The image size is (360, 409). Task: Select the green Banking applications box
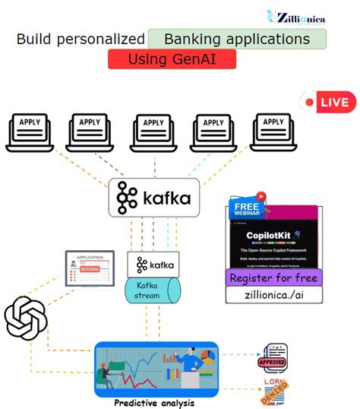[237, 40]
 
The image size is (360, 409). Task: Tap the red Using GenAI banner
[171, 59]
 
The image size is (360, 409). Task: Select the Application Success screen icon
[89, 270]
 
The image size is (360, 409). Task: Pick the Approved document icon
[275, 354]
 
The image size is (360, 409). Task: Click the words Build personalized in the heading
[81, 40]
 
